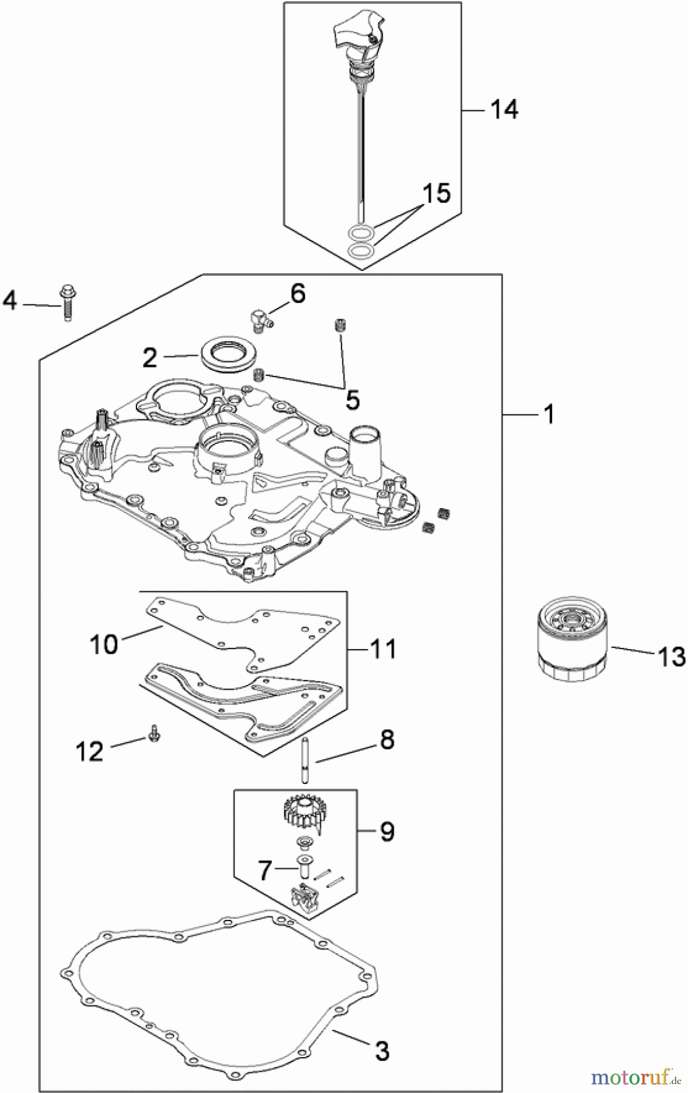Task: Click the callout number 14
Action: tap(505, 110)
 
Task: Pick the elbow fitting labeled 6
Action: tap(259, 318)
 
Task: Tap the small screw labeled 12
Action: tap(152, 735)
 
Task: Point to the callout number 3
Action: tap(382, 1050)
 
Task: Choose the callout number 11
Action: tap(383, 649)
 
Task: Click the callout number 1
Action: tap(549, 415)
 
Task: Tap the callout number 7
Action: tap(265, 871)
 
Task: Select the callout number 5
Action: tap(352, 400)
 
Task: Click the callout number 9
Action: tap(388, 831)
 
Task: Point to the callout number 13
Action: tap(671, 656)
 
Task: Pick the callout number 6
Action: tap(298, 293)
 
